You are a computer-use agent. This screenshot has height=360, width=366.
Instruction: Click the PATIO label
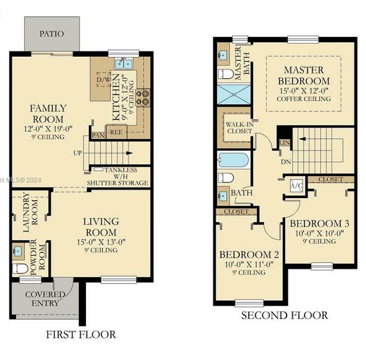point(52,34)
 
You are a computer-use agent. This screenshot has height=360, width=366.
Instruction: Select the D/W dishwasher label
point(104,80)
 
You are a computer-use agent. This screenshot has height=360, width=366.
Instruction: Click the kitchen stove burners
point(143,97)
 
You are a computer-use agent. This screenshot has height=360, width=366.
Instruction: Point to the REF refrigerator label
point(116,133)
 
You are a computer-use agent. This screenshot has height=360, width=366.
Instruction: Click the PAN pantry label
point(98,135)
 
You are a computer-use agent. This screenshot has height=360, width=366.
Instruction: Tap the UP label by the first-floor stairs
point(78,153)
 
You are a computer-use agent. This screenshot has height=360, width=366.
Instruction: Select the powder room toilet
point(20,269)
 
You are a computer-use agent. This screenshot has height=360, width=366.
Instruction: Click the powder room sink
point(18,251)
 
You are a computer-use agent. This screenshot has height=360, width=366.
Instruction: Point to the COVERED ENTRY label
point(45,299)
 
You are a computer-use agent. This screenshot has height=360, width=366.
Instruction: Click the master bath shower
point(234,94)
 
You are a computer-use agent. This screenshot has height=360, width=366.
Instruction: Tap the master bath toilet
point(226,74)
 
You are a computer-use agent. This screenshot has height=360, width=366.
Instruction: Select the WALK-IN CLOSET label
point(239,128)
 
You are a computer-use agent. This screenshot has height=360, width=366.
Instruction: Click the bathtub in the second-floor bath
point(233,160)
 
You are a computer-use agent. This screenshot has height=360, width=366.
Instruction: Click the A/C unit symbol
point(296,186)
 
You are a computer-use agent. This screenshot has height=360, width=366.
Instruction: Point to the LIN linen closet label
point(284,142)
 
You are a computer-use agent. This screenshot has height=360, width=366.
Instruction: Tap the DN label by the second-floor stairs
point(286,162)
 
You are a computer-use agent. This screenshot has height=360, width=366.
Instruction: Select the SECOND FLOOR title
point(284,315)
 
